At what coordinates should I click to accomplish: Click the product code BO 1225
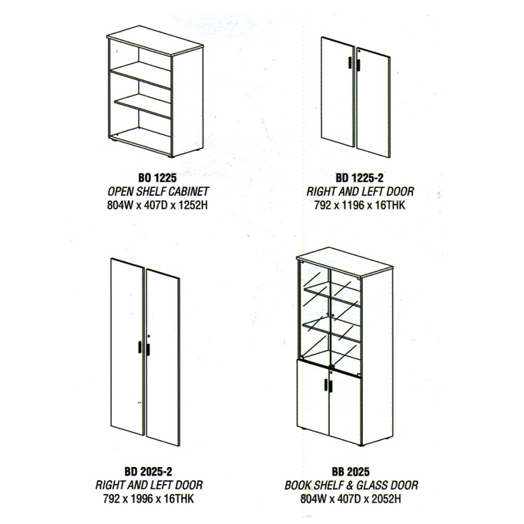(x=157, y=177)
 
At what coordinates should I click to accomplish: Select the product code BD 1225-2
(x=359, y=177)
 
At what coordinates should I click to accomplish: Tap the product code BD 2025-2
(x=149, y=471)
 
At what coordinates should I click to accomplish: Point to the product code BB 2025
(x=351, y=472)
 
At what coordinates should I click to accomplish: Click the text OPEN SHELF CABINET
(x=158, y=191)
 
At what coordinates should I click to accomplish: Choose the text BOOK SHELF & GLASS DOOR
(x=351, y=485)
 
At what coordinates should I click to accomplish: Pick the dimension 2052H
(x=386, y=499)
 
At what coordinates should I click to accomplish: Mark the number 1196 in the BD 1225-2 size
(x=353, y=204)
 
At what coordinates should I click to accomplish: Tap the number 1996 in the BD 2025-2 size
(x=142, y=499)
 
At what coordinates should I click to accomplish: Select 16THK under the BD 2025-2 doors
(x=179, y=499)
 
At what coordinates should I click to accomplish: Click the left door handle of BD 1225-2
(x=350, y=63)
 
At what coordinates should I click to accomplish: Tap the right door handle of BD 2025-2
(x=148, y=350)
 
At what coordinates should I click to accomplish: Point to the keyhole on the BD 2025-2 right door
(x=149, y=336)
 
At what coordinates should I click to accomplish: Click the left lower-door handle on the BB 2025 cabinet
(x=325, y=385)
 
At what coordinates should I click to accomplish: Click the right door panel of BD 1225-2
(x=373, y=102)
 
